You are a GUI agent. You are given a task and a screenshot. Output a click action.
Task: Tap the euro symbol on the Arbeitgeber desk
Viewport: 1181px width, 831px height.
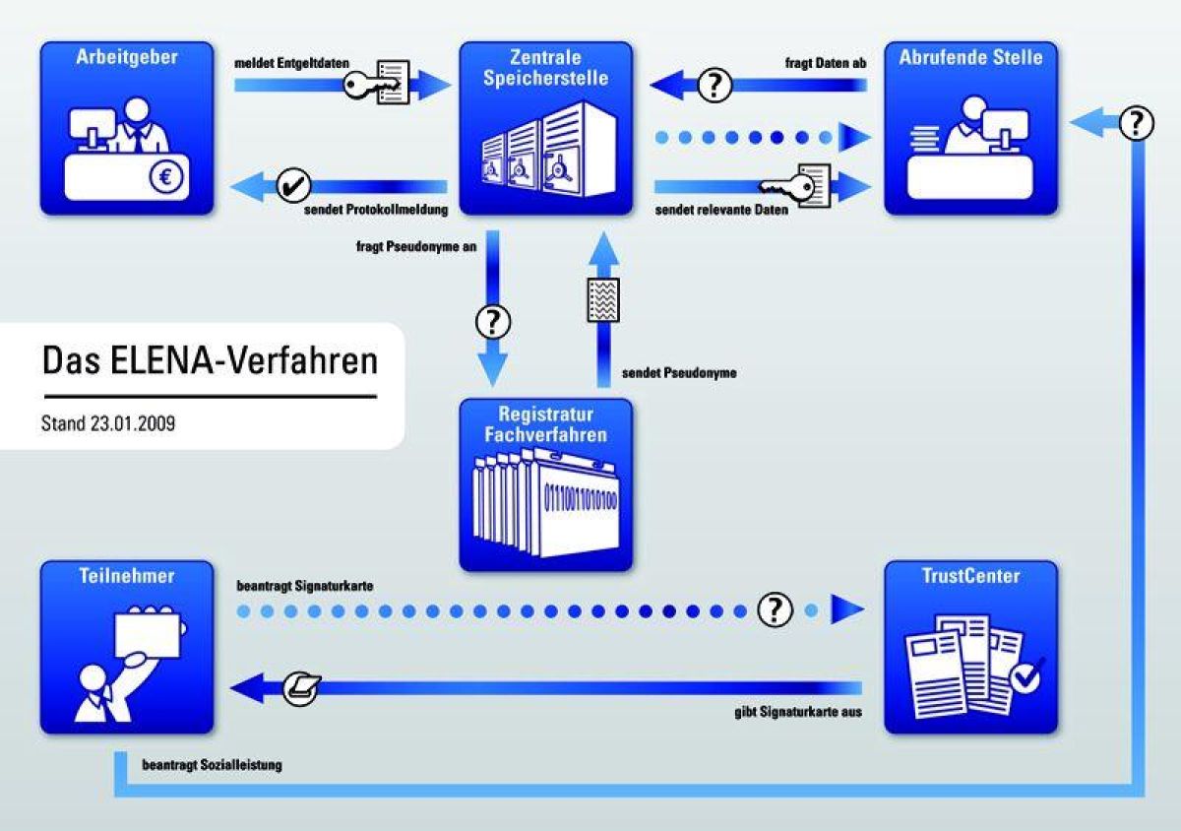tap(166, 179)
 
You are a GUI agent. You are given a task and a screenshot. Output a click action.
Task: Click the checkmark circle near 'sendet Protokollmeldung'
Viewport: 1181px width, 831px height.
tap(293, 184)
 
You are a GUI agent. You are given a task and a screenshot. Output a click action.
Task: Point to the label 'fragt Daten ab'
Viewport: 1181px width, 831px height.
tap(825, 64)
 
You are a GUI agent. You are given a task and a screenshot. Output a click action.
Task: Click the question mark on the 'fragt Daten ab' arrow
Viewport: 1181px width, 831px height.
tap(715, 86)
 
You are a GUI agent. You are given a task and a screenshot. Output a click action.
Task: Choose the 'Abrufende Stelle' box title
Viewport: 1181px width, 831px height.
tap(969, 57)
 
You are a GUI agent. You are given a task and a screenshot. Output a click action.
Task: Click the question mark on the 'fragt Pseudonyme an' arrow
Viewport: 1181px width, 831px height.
tap(494, 322)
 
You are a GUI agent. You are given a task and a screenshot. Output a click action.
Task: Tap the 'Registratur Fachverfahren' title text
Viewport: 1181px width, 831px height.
tap(545, 424)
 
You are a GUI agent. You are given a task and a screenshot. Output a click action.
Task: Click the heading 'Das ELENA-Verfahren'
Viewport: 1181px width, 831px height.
tap(210, 360)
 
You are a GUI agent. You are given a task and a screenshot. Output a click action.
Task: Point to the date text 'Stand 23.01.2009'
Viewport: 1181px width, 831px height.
tap(108, 425)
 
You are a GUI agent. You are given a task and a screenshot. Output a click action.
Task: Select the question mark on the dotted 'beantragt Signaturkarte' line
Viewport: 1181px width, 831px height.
tap(775, 610)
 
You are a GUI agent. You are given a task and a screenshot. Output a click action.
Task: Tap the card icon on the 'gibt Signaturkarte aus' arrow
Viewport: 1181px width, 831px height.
tap(300, 687)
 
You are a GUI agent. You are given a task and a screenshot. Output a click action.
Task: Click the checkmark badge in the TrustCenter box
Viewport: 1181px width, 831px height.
tap(1027, 676)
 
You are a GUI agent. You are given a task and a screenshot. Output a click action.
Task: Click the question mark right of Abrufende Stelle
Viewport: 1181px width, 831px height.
tap(1137, 123)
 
